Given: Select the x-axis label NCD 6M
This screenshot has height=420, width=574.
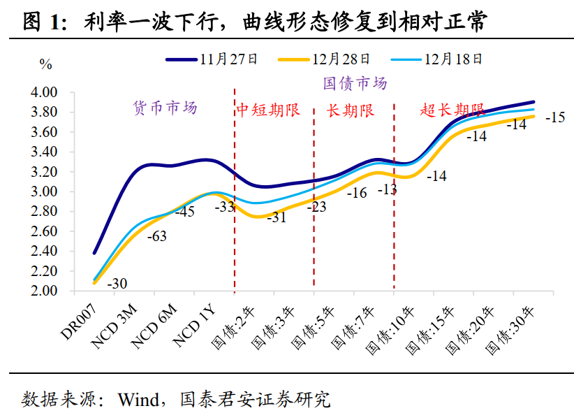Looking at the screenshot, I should point(152,323).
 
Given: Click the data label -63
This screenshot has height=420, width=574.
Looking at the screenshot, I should point(157,236).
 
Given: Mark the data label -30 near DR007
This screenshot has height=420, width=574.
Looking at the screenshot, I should point(117,283).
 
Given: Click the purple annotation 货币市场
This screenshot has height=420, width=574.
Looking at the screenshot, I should point(165,108).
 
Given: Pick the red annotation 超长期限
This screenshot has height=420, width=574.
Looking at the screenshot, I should point(452,110).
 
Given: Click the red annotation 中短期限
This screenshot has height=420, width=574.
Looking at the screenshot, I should point(267,110).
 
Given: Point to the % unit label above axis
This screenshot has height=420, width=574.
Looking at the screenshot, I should point(46,65).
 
